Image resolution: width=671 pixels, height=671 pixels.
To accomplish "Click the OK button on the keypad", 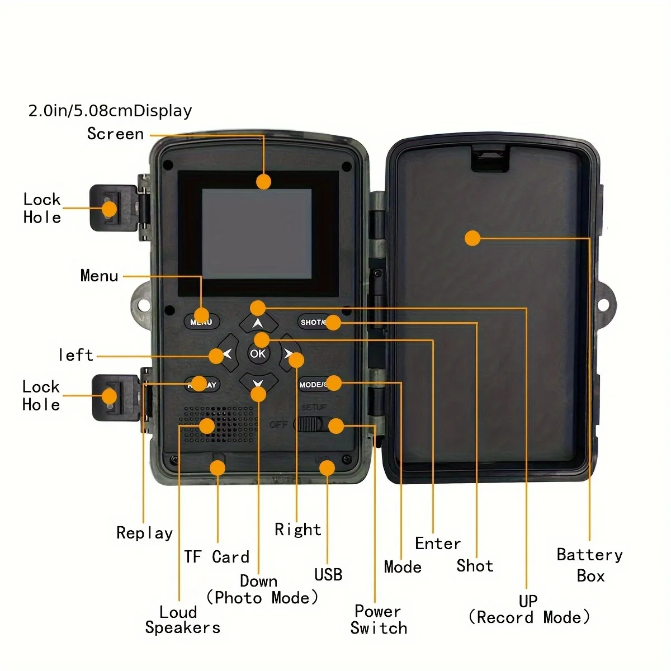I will [258, 354].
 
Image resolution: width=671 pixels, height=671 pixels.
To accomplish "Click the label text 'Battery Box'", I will [590, 565].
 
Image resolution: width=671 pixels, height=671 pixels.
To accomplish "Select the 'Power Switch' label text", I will [379, 620].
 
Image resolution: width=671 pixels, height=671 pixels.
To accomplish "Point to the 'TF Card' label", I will [217, 557].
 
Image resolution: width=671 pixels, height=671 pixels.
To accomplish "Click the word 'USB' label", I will [328, 574].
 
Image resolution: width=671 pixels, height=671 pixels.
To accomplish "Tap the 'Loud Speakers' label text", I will [182, 620].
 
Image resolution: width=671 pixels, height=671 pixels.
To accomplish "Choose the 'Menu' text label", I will [99, 276].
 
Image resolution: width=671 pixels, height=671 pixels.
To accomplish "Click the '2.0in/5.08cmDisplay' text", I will [110, 111].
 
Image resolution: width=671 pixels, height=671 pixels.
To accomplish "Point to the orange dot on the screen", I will [263, 181].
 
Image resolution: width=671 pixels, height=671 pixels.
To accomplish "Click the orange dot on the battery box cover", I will [472, 238].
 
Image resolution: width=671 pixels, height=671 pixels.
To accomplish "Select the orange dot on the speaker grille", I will [207, 426].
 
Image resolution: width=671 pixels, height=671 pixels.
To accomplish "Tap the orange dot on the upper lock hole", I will [110, 209].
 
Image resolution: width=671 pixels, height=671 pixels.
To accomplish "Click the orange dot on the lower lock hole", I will [110, 396].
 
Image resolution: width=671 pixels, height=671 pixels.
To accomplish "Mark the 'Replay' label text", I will [144, 533].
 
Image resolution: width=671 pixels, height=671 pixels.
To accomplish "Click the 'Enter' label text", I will [438, 544].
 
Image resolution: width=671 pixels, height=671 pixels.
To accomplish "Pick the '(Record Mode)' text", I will [529, 617].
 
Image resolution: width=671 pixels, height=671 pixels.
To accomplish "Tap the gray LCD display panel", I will [257, 234].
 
